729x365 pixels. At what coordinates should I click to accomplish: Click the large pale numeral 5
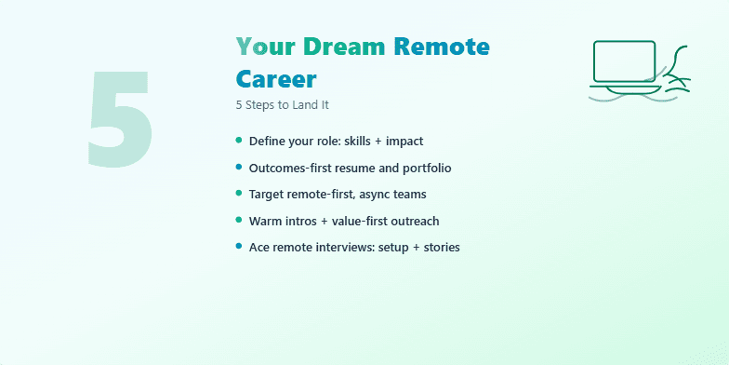click(120, 118)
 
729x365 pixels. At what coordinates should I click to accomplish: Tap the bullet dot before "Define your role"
click(240, 140)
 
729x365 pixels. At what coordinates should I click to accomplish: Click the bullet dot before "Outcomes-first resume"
click(240, 167)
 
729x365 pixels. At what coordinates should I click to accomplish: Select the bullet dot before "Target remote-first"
click(240, 193)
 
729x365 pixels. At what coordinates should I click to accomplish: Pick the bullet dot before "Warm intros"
click(240, 220)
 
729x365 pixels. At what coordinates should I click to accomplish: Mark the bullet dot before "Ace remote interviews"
click(240, 246)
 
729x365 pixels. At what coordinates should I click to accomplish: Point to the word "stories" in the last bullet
click(438, 247)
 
